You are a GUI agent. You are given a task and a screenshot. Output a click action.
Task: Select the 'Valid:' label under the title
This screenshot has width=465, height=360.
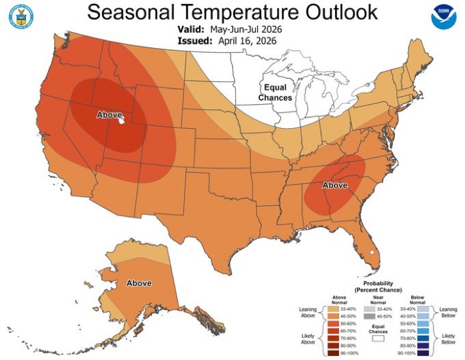[x=193, y=29]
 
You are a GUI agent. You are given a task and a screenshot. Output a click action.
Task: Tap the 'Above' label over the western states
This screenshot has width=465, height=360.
[x=109, y=115]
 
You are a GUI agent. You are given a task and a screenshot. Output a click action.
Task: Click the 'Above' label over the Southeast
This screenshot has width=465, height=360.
[x=335, y=185]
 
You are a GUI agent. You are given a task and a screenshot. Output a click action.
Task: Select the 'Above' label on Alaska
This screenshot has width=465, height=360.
[x=139, y=283]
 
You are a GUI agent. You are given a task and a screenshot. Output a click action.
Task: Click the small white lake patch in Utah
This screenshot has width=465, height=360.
[x=121, y=121]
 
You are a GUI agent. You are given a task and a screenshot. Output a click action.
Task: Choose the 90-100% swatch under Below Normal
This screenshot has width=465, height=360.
[x=424, y=353]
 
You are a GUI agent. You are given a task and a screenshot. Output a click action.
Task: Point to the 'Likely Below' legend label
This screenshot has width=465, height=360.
[x=448, y=339]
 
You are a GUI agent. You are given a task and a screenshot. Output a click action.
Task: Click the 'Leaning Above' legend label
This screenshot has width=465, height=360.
[x=308, y=313]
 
